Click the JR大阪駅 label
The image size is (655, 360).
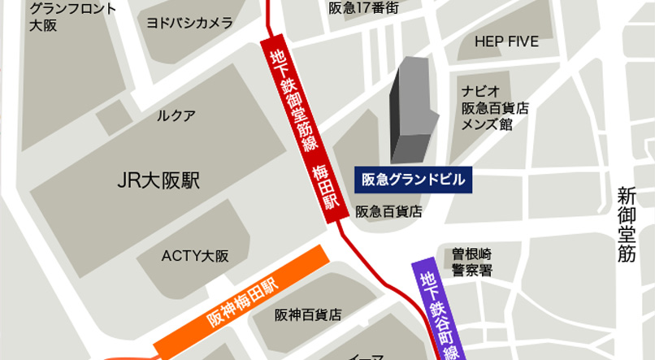[x=158, y=180]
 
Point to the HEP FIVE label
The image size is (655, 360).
[x=505, y=41]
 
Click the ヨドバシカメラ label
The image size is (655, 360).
[x=189, y=23]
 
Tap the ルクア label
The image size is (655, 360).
[x=176, y=115]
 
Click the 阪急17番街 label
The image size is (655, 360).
[x=364, y=7]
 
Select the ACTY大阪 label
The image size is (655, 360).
[x=194, y=255]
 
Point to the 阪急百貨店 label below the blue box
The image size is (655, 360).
[x=388, y=211]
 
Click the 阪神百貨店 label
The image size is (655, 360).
[x=307, y=314]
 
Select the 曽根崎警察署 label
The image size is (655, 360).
[x=472, y=262]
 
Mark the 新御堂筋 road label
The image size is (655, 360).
[x=626, y=224]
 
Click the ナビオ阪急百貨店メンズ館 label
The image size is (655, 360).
[x=494, y=106]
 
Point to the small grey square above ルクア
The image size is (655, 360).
[x=113, y=123]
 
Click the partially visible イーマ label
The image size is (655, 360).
[x=360, y=355]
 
